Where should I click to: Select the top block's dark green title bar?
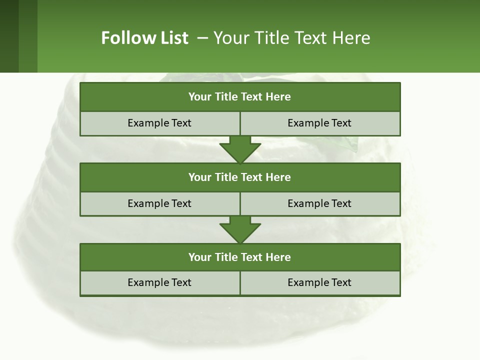pos(240,97)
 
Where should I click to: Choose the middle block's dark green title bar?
pos(240,177)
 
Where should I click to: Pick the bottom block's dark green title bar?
pos(240,257)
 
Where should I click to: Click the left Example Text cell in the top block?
pos(159,123)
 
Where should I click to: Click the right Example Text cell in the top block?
pos(320,123)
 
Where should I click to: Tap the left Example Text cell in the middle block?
pos(159,203)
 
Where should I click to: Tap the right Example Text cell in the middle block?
pos(320,203)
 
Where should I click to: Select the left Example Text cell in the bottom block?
pos(159,282)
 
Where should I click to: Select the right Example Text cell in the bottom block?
pos(320,282)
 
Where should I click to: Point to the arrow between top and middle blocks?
pos(240,149)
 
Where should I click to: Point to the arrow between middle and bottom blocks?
pos(240,230)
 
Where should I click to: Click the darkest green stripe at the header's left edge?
pos(9,36)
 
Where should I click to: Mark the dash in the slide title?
pos(202,38)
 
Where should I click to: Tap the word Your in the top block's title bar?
pos(200,97)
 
